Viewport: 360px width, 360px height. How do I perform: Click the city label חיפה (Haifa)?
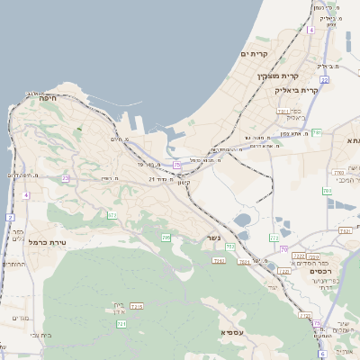[x=49, y=97]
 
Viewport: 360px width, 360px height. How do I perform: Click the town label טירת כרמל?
[x=49, y=243]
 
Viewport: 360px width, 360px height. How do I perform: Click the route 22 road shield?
[x=324, y=79]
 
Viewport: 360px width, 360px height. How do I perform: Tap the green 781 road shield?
[x=316, y=132]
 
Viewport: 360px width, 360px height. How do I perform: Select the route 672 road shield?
[x=112, y=215]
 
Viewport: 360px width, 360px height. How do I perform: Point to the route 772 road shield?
[x=274, y=238]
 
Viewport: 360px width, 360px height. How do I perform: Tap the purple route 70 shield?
[x=283, y=249]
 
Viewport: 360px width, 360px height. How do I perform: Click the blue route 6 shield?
[x=311, y=30]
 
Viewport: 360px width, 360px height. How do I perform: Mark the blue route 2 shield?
[x=10, y=218]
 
